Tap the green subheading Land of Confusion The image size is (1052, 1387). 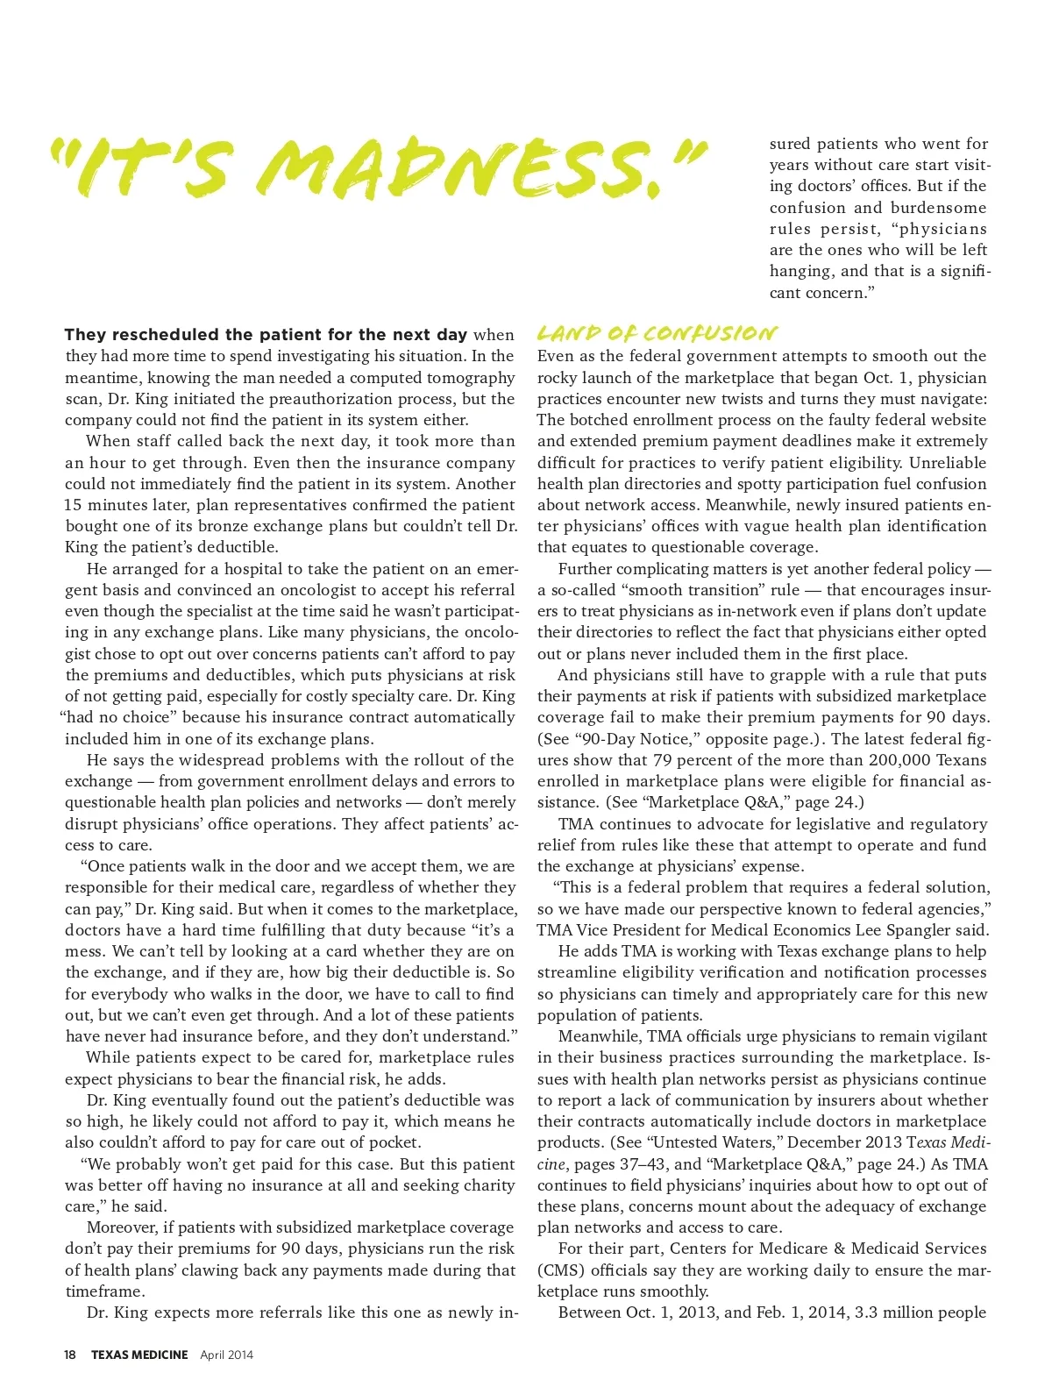(x=656, y=333)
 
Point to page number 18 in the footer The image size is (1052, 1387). (x=69, y=1355)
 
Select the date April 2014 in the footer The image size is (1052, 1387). (x=227, y=1355)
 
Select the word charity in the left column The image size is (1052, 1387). (x=486, y=1185)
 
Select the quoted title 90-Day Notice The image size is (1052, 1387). (x=625, y=739)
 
